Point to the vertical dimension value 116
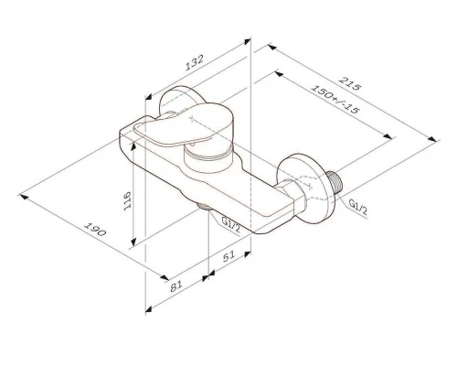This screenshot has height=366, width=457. pos(128,200)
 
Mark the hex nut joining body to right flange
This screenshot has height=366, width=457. pos(293,198)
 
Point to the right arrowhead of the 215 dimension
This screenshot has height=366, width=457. pos(430,139)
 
